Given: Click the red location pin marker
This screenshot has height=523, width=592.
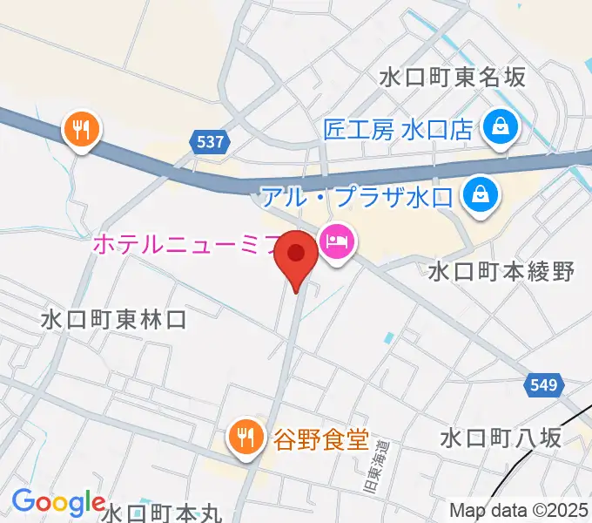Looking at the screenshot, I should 296,256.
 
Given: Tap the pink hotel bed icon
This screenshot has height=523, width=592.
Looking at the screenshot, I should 336,240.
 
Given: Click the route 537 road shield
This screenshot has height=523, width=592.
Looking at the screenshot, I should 210,139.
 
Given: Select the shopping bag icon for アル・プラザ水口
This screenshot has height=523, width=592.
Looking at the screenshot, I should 480,194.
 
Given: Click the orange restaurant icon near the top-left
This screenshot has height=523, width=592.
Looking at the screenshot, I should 83,131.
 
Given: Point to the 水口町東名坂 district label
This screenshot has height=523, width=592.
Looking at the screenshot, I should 453,77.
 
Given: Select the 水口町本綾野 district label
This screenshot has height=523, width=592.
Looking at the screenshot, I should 501,271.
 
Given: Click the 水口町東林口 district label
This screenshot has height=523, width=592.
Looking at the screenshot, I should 113,319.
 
